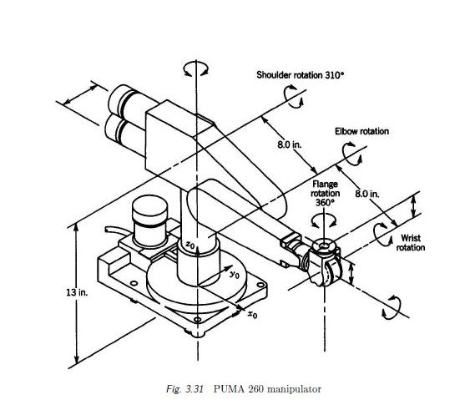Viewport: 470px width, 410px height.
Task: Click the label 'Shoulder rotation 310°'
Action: point(300,76)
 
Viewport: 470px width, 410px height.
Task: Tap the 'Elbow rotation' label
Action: point(361,131)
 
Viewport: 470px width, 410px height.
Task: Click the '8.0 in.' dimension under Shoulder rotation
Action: point(289,146)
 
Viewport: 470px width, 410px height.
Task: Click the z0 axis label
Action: point(191,245)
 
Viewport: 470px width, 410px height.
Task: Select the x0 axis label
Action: point(253,315)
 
